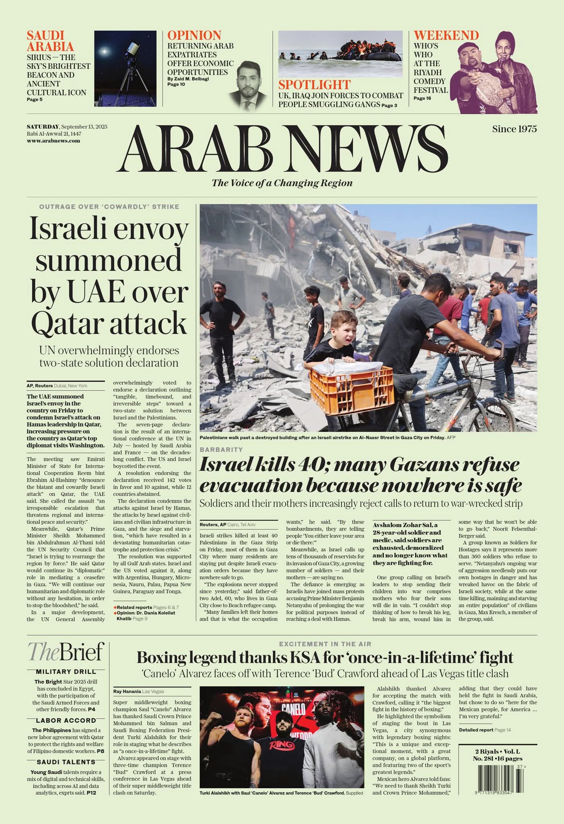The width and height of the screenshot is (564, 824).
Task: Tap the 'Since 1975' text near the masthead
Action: click(514, 129)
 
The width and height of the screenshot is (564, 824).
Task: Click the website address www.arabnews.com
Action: click(53, 141)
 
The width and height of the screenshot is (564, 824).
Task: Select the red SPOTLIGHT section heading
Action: click(314, 85)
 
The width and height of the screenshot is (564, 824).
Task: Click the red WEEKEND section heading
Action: click(446, 35)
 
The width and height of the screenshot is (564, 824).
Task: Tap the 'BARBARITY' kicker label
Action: click(221, 449)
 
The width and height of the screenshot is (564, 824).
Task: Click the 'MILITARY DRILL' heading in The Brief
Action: click(66, 672)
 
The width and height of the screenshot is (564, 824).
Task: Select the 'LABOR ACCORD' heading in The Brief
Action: click(66, 721)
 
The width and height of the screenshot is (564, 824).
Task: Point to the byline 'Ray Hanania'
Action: click(127, 691)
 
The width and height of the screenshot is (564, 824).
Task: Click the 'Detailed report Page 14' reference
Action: click(482, 730)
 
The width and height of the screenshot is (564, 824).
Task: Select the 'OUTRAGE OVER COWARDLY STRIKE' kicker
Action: click(109, 207)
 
